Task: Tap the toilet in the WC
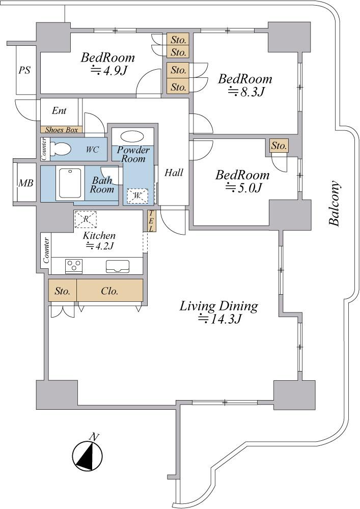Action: click(61, 149)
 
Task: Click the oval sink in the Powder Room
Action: click(132, 136)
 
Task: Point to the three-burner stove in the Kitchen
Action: click(74, 266)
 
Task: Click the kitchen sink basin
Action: click(118, 266)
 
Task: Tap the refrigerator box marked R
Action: click(86, 219)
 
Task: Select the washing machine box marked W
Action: click(137, 196)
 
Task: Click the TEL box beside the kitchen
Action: click(151, 221)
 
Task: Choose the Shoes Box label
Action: click(61, 130)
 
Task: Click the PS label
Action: click(24, 70)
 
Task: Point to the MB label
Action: click(25, 183)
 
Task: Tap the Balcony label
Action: click(335, 203)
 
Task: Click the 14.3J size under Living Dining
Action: click(220, 320)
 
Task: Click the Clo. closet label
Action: click(109, 291)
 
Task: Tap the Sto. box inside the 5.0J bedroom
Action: click(279, 146)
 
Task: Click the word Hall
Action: click(174, 173)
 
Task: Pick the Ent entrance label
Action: click(59, 110)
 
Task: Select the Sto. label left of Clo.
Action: click(62, 291)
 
